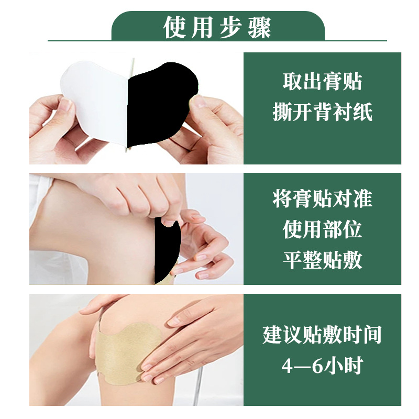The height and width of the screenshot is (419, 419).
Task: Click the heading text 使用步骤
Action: [217, 27]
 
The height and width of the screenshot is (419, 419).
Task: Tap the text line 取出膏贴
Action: [322, 81]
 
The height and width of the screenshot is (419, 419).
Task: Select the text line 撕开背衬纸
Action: [322, 112]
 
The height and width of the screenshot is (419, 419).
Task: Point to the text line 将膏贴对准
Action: [322, 199]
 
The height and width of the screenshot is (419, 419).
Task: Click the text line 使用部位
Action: [322, 229]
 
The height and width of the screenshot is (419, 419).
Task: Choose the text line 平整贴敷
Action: [322, 260]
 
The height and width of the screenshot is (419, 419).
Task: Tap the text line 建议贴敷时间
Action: [322, 335]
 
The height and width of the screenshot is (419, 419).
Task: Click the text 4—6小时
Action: [322, 365]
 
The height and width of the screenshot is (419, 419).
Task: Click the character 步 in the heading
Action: [231, 27]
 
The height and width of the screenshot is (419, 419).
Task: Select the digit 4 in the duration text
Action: [287, 366]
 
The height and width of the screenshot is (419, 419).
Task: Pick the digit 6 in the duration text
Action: [317, 366]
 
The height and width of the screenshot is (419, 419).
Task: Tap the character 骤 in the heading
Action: [260, 27]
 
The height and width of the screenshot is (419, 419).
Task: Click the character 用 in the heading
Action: [202, 27]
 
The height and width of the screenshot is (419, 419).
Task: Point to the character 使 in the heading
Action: [174, 27]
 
